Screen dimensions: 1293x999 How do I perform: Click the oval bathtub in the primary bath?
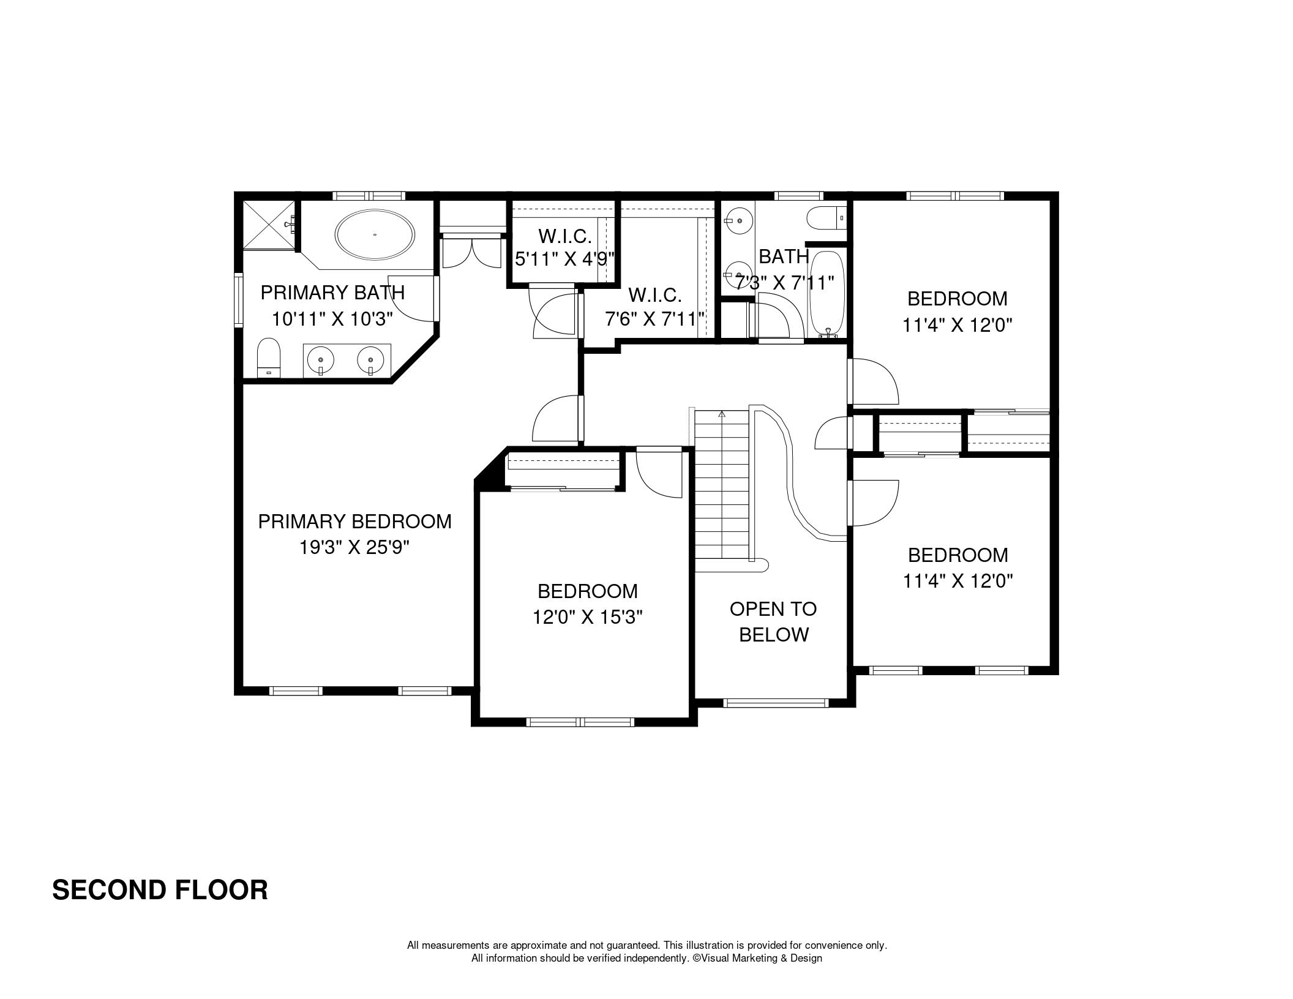point(375,234)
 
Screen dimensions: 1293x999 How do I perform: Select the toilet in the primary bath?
point(269,357)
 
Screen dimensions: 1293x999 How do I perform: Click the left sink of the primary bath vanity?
point(321,361)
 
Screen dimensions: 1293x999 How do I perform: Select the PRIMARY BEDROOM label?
point(354,522)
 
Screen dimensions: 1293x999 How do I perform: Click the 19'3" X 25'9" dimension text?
point(354,547)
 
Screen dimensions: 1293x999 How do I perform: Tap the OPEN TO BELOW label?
point(773,622)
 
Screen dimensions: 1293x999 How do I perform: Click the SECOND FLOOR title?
point(160,890)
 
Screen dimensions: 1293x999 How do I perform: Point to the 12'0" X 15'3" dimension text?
point(587,617)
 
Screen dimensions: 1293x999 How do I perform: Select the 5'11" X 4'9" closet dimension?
point(564,260)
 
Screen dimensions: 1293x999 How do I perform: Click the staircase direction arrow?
point(722,414)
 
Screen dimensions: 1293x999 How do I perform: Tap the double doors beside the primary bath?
point(471,251)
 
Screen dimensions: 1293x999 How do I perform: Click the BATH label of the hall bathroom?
point(784,256)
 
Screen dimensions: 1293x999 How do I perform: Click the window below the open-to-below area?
point(774,703)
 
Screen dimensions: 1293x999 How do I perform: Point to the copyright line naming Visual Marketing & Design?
point(646,958)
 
